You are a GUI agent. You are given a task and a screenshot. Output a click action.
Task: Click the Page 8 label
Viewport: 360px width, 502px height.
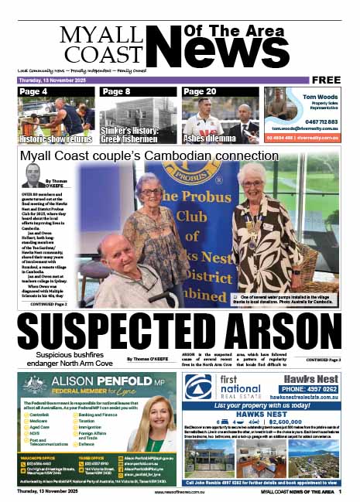click(116, 92)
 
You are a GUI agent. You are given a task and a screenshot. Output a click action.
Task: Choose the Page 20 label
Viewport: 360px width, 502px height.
click(200, 92)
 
